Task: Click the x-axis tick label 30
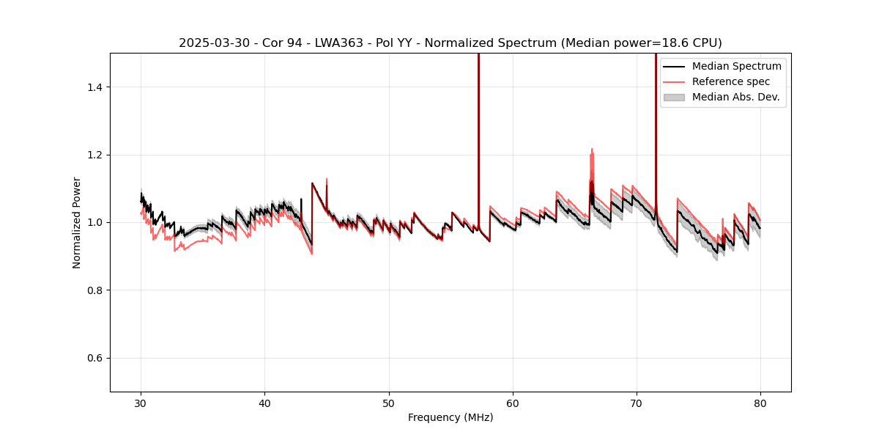pyautogui.click(x=141, y=403)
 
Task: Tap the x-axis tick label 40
pyautogui.click(x=265, y=403)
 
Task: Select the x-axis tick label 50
pyautogui.click(x=389, y=403)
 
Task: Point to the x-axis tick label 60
pyautogui.click(x=513, y=403)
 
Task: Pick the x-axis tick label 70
pyautogui.click(x=637, y=403)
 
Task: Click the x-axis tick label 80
pyautogui.click(x=760, y=403)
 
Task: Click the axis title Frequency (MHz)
pyautogui.click(x=450, y=417)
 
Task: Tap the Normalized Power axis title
pyautogui.click(x=77, y=222)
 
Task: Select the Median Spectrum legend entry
pyautogui.click(x=736, y=66)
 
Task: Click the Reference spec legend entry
pyautogui.click(x=730, y=81)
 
